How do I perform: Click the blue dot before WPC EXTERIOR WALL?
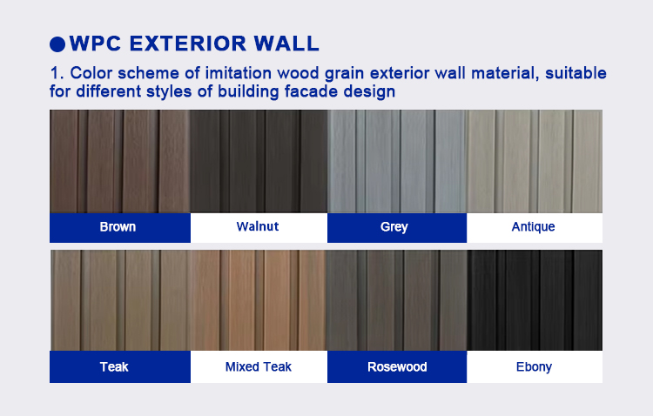click(58, 44)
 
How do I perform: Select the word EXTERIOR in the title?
click(185, 43)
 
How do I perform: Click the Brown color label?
click(118, 227)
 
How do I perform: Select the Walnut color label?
click(258, 227)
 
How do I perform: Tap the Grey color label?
click(394, 227)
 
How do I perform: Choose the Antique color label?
click(534, 227)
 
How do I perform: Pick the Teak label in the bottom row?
click(114, 366)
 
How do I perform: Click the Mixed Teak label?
click(258, 366)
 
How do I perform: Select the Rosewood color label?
click(396, 366)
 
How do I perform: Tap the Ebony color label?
click(534, 366)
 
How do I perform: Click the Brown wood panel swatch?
click(119, 161)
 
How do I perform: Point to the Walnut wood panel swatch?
click(259, 161)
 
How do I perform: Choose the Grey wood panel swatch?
click(397, 161)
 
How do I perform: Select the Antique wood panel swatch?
click(535, 161)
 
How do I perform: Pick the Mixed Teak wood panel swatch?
click(259, 300)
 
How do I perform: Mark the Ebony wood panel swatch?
click(535, 300)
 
